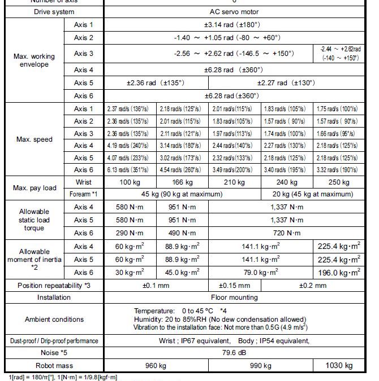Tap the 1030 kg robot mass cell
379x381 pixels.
tap(339, 365)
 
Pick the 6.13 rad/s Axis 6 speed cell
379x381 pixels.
tap(130, 170)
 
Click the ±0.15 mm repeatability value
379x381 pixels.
tap(234, 285)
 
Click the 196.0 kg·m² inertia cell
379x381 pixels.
tap(339, 272)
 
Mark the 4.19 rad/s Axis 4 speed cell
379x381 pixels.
tap(130, 145)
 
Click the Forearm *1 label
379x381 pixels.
tap(83, 194)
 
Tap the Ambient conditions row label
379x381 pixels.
tap(53, 319)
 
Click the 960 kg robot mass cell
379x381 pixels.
tap(156, 365)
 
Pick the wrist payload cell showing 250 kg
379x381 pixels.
tap(339, 182)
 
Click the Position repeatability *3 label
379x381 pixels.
tap(54, 285)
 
